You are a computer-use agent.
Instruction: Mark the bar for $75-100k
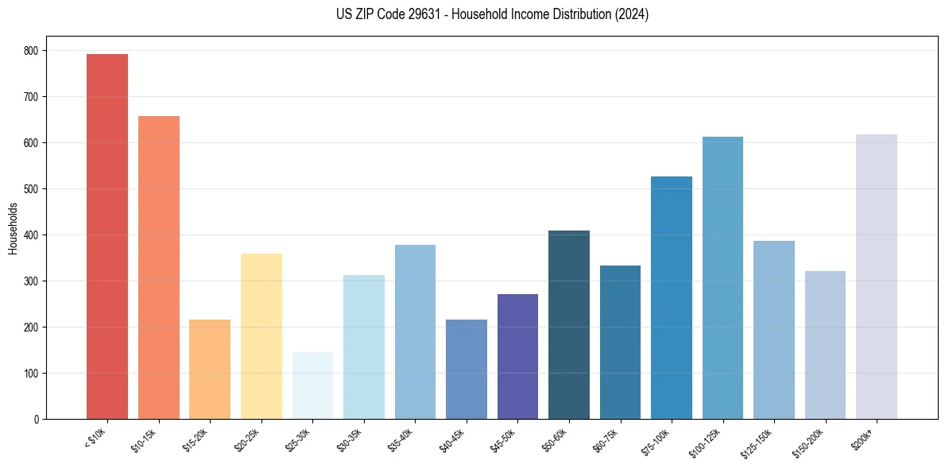click(x=672, y=297)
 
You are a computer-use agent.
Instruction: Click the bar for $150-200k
click(x=825, y=345)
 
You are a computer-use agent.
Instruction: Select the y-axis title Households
click(x=13, y=228)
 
